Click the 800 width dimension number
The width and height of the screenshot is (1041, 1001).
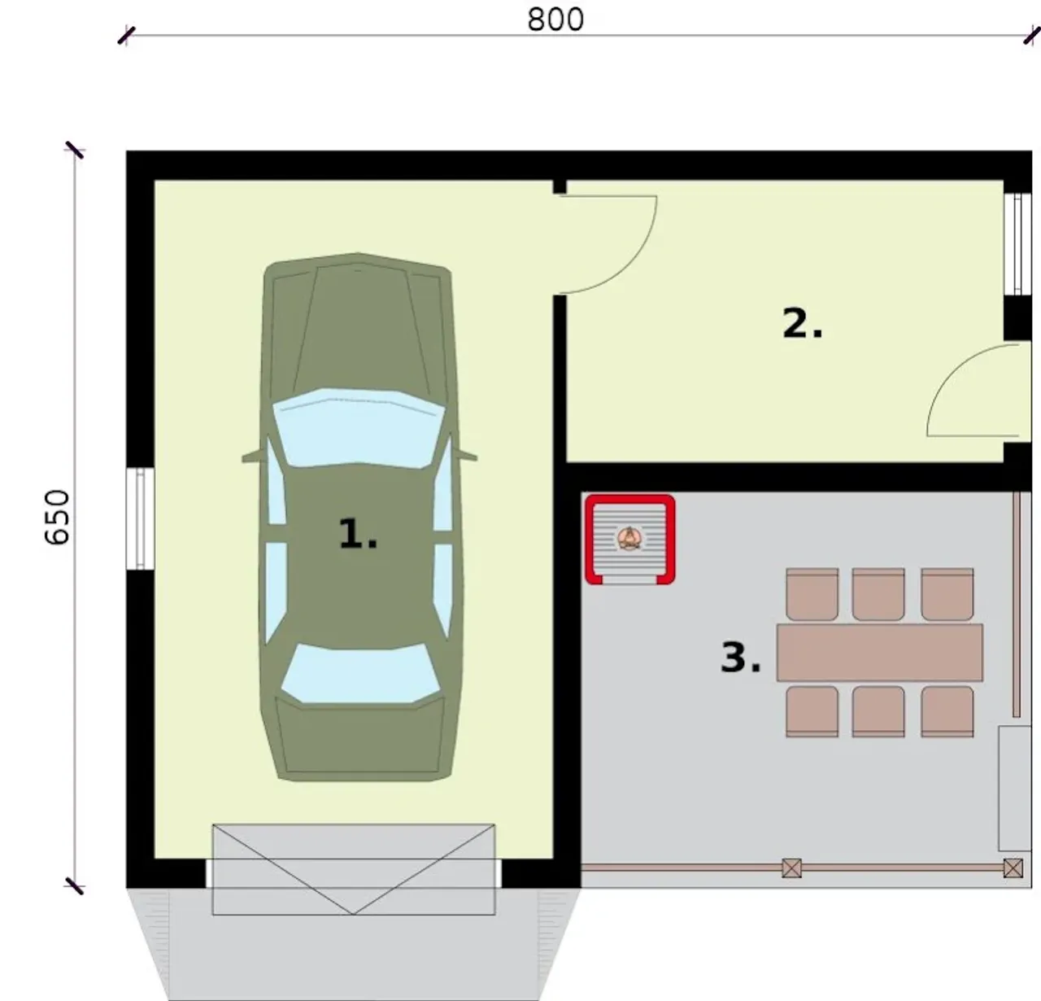555,20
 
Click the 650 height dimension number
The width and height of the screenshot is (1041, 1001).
57,517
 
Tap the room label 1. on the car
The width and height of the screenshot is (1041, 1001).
358,533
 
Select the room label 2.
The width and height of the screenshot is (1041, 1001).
802,323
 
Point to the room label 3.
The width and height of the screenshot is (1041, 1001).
740,657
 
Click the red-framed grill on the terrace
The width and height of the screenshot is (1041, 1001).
629,539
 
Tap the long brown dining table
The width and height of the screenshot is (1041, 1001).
879,652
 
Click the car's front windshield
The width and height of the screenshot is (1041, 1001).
358,428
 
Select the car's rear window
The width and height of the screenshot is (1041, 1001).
360,673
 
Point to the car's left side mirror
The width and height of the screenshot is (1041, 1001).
254,456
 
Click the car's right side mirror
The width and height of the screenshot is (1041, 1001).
465,456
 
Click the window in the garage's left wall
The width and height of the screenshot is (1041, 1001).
140,518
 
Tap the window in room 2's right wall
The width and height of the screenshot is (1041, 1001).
1017,243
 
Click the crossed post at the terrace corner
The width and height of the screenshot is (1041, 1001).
1013,868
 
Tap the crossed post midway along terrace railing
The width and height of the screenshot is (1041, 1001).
791,868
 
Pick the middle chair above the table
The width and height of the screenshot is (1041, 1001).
878,594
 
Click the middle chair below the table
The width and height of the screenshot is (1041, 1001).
878,711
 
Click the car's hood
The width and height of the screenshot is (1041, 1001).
358,326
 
